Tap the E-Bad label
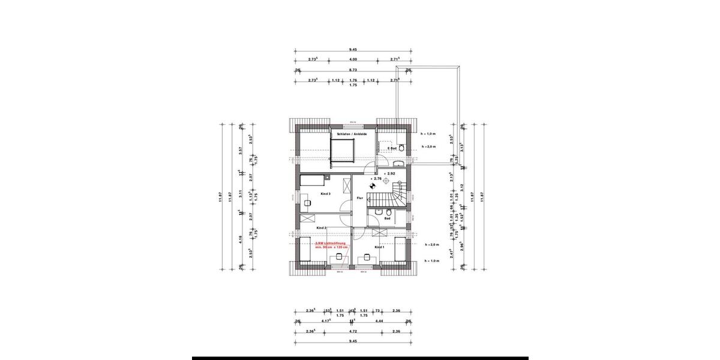pos(391,148)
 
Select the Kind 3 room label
pos(310,194)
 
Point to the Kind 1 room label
pos(379,247)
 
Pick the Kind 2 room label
pos(321,228)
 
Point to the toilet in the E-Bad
pos(401,147)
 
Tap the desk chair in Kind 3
pos(308,203)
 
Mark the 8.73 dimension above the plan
pos(353,70)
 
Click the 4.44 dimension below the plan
pos(380,321)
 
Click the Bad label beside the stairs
pos(388,219)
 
